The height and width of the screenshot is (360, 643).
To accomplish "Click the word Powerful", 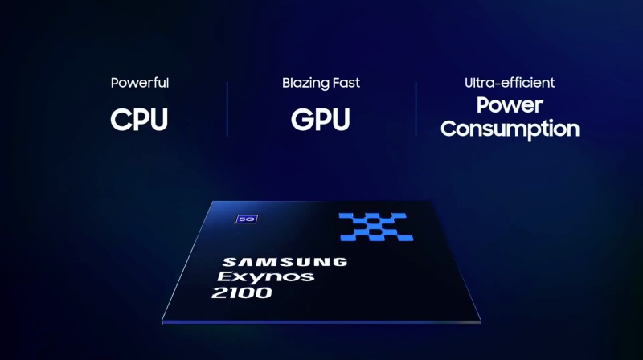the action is click(x=140, y=83).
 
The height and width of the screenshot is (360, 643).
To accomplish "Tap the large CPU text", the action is click(x=139, y=120).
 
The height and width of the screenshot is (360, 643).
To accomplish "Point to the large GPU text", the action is click(x=320, y=120).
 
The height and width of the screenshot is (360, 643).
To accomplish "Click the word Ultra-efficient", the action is click(x=510, y=83).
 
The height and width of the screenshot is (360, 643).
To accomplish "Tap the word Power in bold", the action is click(x=510, y=105).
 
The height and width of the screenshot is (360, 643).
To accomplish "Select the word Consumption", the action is click(x=510, y=129).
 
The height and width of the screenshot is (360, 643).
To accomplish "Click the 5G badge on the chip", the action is click(x=247, y=219).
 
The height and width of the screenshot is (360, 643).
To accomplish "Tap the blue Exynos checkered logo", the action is click(x=375, y=227).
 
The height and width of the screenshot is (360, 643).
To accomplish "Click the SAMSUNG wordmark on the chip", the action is click(x=285, y=262).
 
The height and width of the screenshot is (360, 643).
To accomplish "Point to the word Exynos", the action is click(x=266, y=277).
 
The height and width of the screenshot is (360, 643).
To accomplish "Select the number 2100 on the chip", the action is click(x=242, y=292).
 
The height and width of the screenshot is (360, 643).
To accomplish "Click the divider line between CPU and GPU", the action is click(x=227, y=109).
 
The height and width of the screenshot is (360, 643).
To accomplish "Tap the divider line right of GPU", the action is click(x=416, y=109).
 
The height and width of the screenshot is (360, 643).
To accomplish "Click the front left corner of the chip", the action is click(x=162, y=322).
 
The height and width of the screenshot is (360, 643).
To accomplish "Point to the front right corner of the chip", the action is click(x=480, y=321).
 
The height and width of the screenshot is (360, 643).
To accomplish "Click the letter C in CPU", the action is click(x=121, y=120).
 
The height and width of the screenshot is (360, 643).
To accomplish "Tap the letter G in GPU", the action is click(x=301, y=120).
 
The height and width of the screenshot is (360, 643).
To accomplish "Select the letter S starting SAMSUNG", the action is click(x=228, y=262).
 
